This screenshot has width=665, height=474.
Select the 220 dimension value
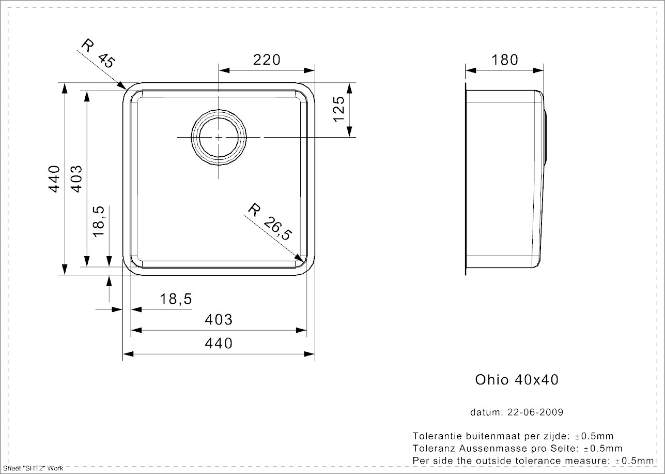[266, 60]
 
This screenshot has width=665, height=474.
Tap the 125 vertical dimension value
[339, 109]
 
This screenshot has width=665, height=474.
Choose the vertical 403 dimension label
[75, 179]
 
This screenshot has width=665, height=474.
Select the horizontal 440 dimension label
[218, 343]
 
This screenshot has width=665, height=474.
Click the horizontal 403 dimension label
[218, 320]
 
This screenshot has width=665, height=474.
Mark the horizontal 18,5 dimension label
[176, 299]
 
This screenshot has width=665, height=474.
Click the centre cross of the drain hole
[219, 137]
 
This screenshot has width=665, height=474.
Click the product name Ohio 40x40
[517, 380]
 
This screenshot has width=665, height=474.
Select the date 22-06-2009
[534, 412]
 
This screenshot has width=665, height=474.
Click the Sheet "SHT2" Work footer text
[33, 468]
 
